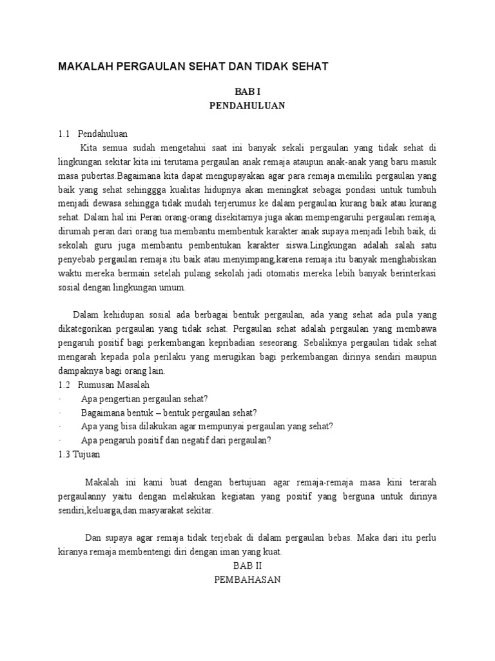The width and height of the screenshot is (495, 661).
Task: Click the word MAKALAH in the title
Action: (85, 66)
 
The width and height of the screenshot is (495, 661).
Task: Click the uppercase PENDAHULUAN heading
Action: (247, 106)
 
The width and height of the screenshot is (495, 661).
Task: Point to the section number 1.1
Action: (63, 134)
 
